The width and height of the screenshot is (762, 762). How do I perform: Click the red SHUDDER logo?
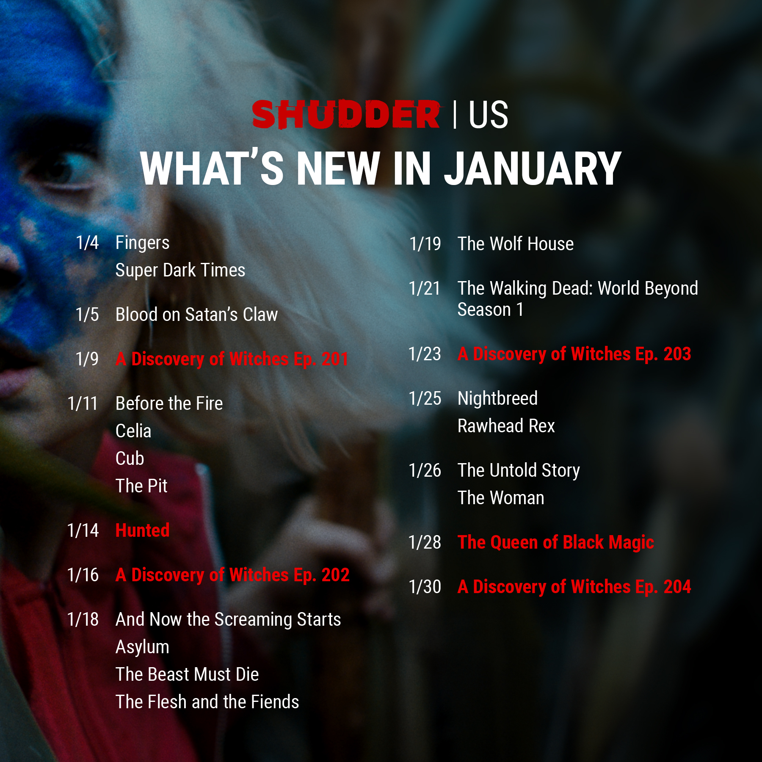[346, 114]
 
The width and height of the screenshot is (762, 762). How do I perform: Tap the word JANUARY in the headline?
[533, 169]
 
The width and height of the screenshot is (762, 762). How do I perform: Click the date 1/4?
[87, 243]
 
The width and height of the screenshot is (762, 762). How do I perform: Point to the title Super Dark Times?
[180, 271]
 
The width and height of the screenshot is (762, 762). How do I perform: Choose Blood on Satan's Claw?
[197, 315]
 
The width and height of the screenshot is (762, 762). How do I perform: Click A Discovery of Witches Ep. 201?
[232, 359]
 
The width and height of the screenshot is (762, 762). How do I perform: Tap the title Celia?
[133, 431]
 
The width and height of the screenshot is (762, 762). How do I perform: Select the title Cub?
[130, 458]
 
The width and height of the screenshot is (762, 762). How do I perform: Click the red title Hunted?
[143, 530]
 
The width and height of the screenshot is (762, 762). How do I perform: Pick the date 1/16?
[83, 575]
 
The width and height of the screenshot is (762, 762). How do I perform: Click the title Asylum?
[143, 647]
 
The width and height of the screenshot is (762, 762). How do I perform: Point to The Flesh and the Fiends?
[207, 702]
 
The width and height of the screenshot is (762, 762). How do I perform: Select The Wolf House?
[516, 244]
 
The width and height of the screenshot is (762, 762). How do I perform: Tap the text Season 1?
[491, 309]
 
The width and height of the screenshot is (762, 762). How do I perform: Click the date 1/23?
[425, 354]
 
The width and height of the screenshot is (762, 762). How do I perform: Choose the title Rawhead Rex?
[506, 426]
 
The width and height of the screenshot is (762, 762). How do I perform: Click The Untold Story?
[519, 471]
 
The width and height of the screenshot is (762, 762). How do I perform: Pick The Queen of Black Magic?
[556, 543]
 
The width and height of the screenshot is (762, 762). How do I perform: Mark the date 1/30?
[425, 587]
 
